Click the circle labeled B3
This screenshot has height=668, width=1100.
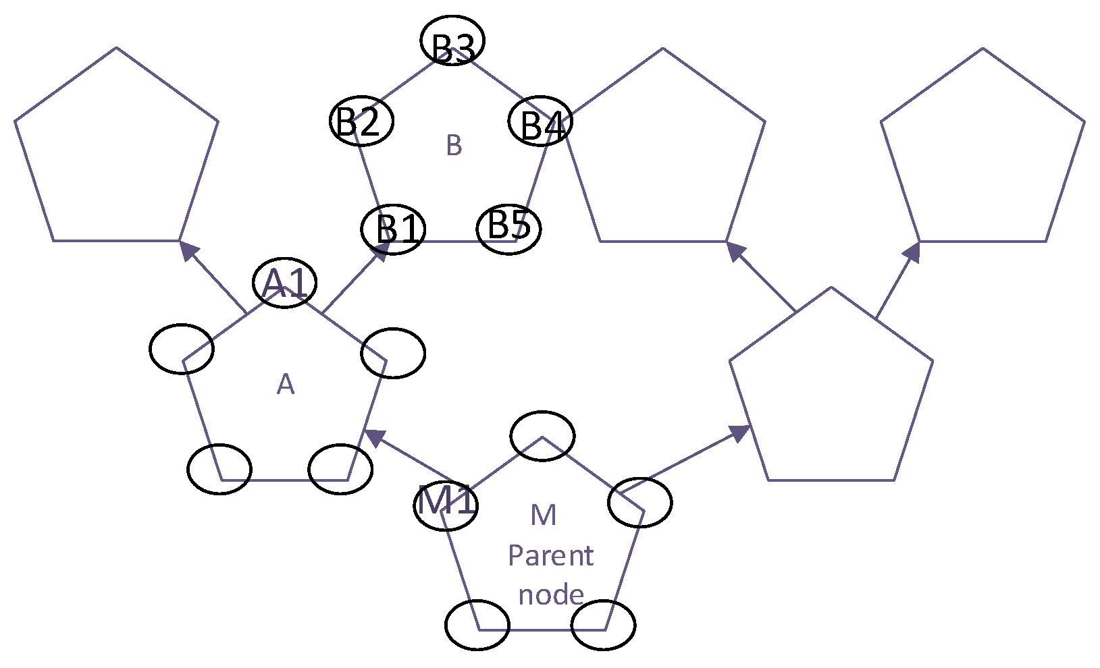pos(452,40)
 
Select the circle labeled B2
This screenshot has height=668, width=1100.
pos(361,121)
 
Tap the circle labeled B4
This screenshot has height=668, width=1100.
pos(540,121)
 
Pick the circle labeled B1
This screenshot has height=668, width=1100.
pos(394,229)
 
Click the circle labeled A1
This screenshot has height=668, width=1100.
pos(285,283)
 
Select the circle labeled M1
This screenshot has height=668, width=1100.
pos(446,504)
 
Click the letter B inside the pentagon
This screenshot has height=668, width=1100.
pos(454,145)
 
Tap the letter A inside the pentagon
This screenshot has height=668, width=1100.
pos(286,385)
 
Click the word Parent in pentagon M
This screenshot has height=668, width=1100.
pos(550,556)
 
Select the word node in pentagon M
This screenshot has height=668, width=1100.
pos(551,594)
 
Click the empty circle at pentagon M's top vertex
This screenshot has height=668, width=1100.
pos(543,436)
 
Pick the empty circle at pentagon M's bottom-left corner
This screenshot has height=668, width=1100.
pos(477,625)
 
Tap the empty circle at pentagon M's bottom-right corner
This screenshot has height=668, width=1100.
pos(603,625)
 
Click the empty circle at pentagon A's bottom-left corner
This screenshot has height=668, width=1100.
pos(219,469)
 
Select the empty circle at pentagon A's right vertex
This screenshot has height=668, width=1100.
pos(393,353)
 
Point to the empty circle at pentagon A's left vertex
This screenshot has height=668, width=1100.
pos(182,349)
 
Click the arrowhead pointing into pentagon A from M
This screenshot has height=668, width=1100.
pos(373,437)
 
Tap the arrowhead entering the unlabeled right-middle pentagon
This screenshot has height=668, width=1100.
pos(741,433)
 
